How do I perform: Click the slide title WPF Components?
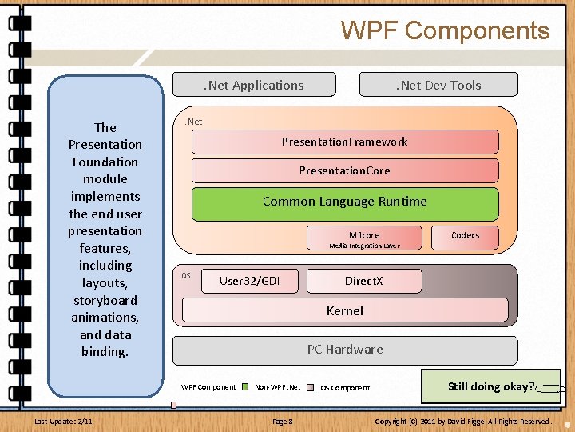coord(445,30)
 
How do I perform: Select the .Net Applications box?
coord(254,85)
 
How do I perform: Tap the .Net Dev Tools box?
coord(438,85)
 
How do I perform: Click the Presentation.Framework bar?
coord(344,142)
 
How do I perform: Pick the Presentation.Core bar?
coord(344,170)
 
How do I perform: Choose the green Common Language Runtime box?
coord(344,202)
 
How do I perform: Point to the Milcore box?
coord(364,235)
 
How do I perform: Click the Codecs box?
coord(466,235)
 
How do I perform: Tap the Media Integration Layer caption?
coord(364,246)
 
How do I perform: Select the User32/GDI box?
coord(249,281)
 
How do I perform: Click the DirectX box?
coord(363,281)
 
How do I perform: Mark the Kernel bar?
coord(344,310)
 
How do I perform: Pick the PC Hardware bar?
coord(345,350)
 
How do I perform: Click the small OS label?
coord(186,276)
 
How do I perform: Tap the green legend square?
coord(246,387)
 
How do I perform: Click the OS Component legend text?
coord(345,388)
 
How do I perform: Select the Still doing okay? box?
coord(491,386)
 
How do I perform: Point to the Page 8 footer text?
coord(283,421)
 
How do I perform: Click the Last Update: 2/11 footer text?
coord(63,421)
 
